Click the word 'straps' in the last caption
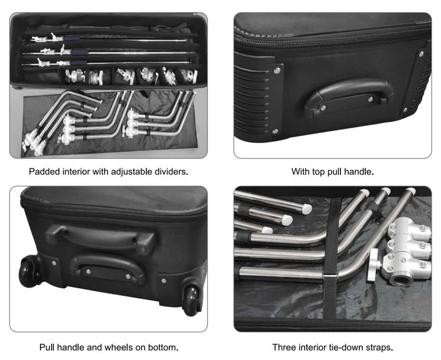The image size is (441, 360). pyautogui.click(x=379, y=348)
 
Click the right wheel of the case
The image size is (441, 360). pyautogui.click(x=192, y=301)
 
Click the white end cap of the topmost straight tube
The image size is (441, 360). pyautogui.click(x=306, y=209)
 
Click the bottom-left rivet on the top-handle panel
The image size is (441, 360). pyautogui.click(x=275, y=131)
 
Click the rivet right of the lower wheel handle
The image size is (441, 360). pyautogui.click(x=163, y=281)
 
